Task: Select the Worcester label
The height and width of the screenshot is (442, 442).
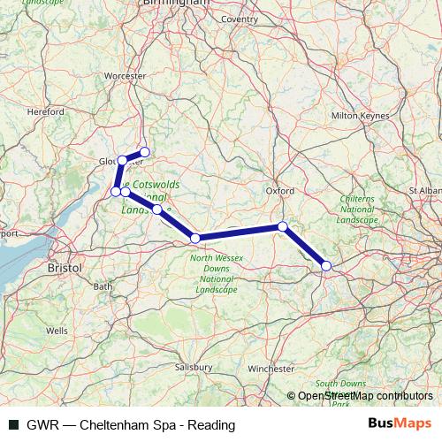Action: point(125,77)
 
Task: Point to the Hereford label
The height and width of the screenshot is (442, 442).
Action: point(46,112)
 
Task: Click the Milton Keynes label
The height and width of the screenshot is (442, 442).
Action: point(354,116)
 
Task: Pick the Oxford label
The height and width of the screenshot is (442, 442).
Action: point(279,190)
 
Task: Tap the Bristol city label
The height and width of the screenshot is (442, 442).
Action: point(65,266)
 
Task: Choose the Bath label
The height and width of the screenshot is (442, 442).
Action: point(103,286)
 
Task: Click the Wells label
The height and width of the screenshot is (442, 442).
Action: point(57,331)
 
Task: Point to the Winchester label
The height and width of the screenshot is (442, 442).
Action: point(271,368)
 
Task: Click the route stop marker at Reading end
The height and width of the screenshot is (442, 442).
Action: point(326,265)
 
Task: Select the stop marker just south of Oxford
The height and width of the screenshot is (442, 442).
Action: point(282,226)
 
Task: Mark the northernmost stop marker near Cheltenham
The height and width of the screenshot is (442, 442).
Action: point(145,152)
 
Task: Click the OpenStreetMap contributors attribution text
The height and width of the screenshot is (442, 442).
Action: point(364,396)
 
